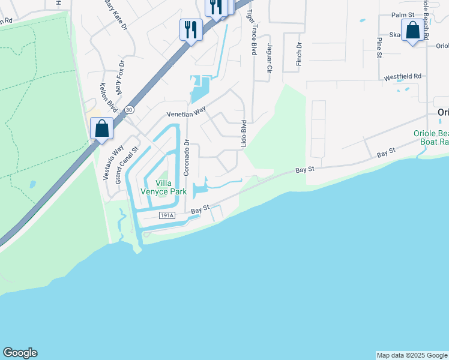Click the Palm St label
tap(403, 14)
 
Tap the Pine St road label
tap(379, 47)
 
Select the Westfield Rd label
tap(403, 77)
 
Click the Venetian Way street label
tap(186, 113)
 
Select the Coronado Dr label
tap(187, 158)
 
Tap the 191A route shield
tap(167, 215)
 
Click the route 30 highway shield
tap(129, 110)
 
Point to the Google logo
tap(20, 353)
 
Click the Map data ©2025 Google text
tap(412, 355)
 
